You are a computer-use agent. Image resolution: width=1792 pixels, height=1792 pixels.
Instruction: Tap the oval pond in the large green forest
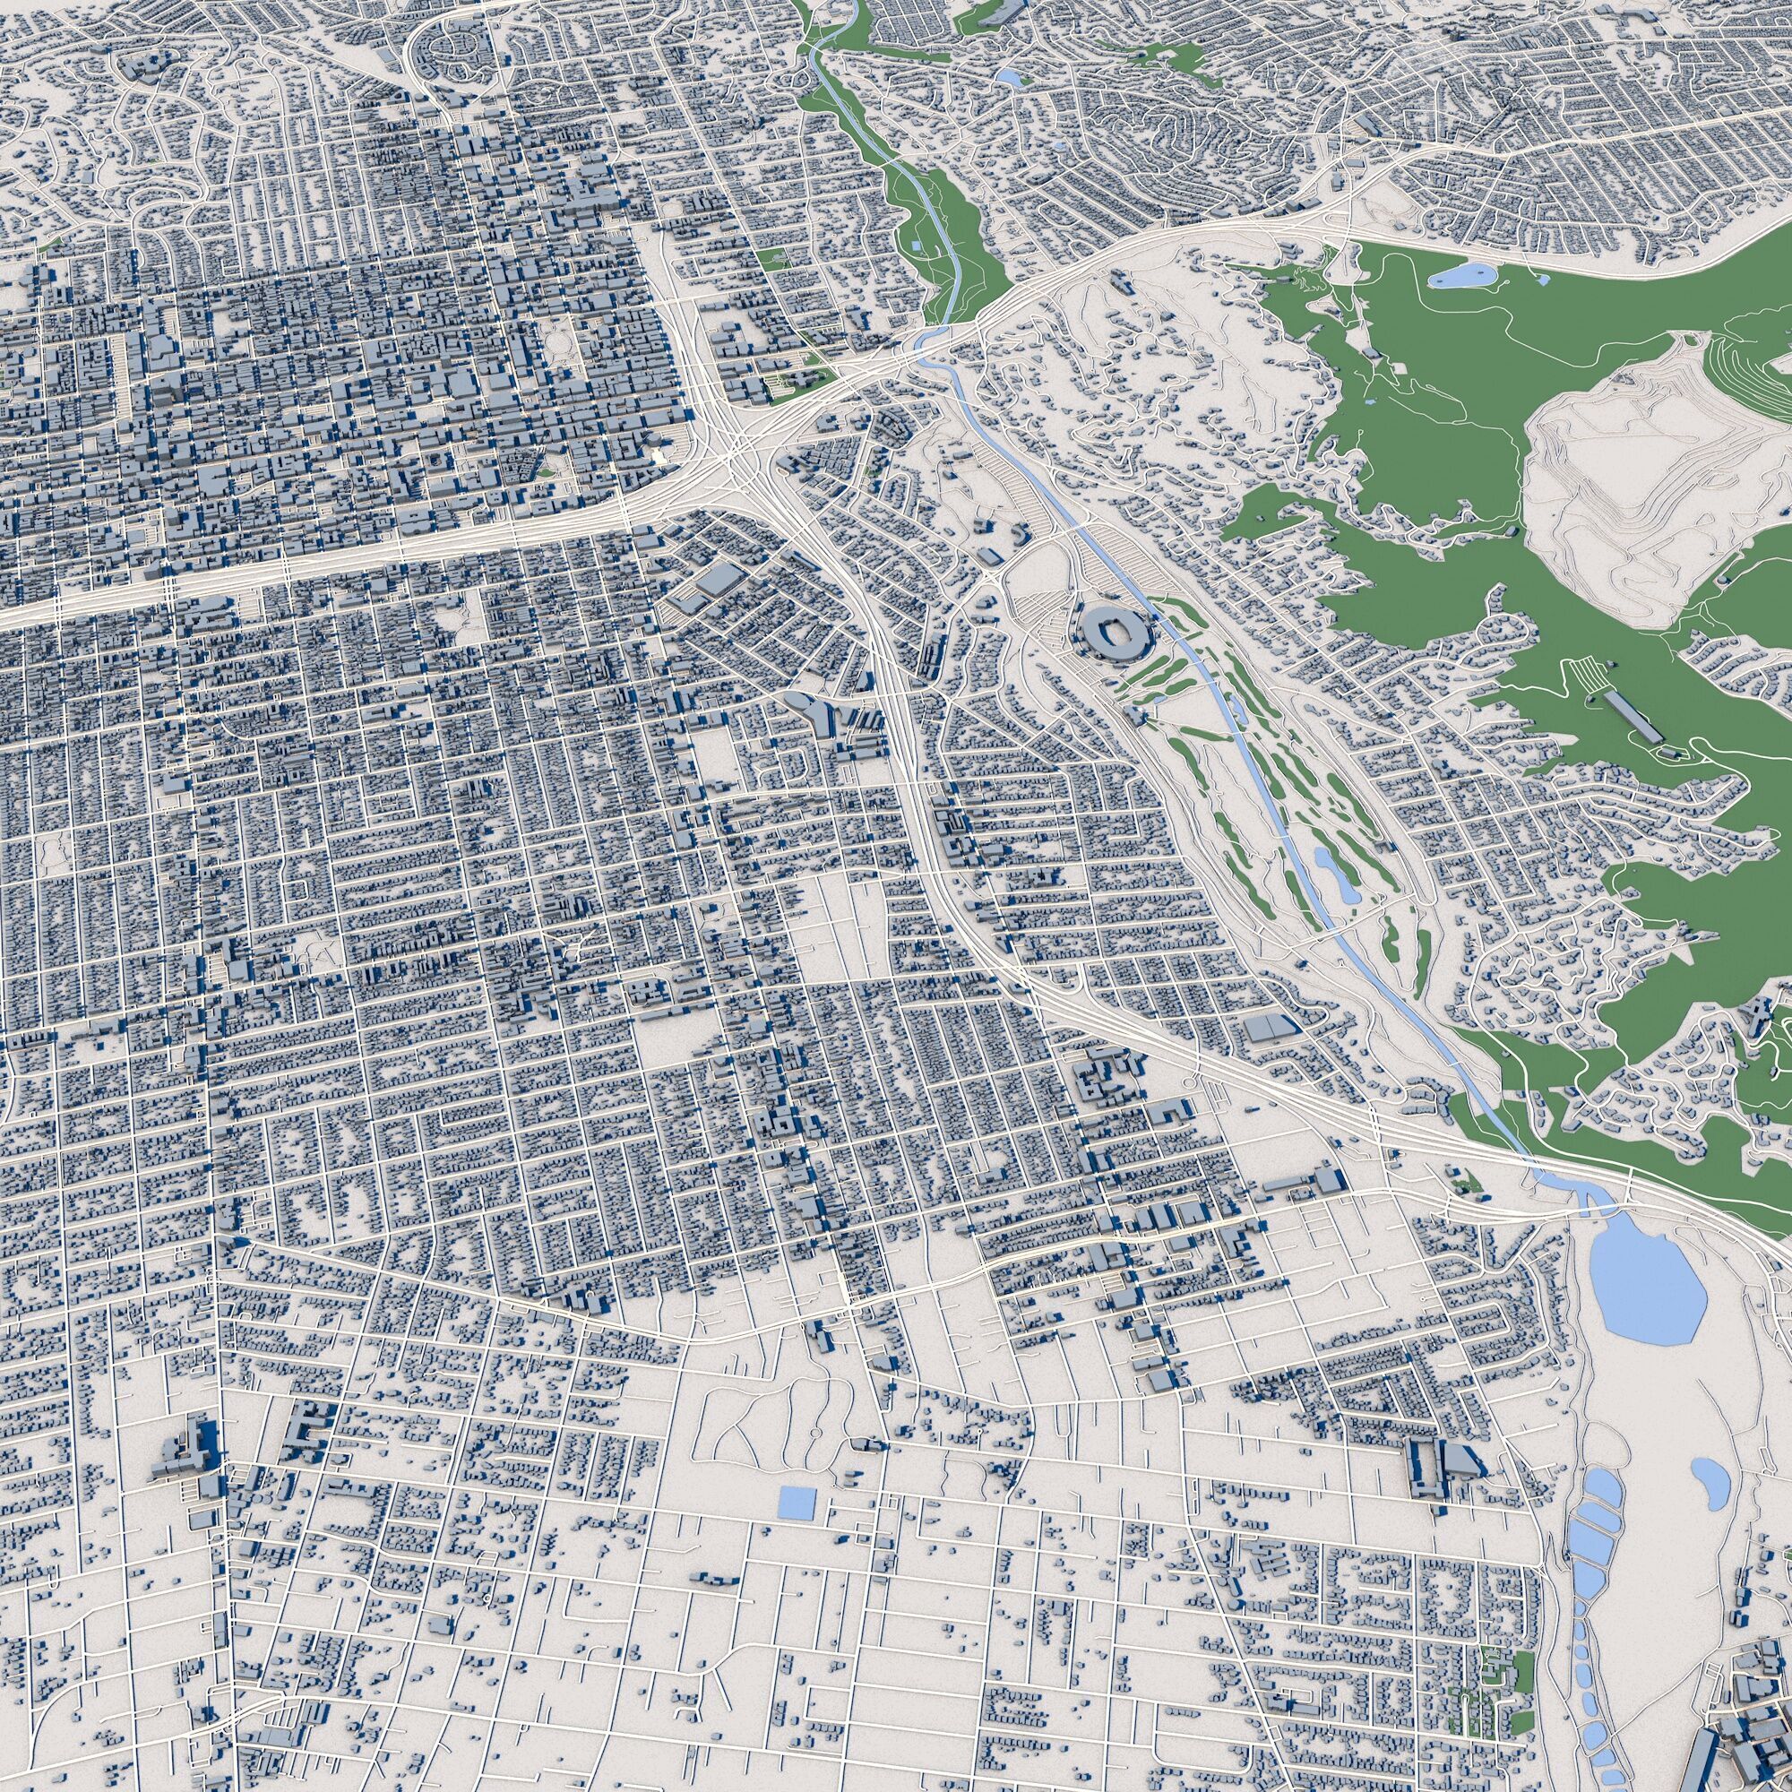(x=1460, y=274)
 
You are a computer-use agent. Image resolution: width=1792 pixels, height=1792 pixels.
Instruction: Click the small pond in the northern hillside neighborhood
(x=1009, y=79)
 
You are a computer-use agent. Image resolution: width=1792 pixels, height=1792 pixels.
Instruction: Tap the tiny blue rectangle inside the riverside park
(x=916, y=246)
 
